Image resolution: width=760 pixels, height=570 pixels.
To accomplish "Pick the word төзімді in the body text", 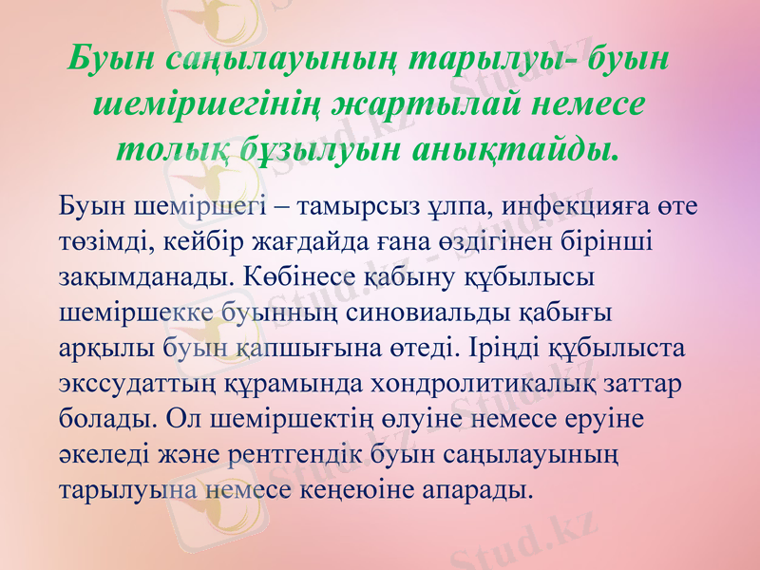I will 99,243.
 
